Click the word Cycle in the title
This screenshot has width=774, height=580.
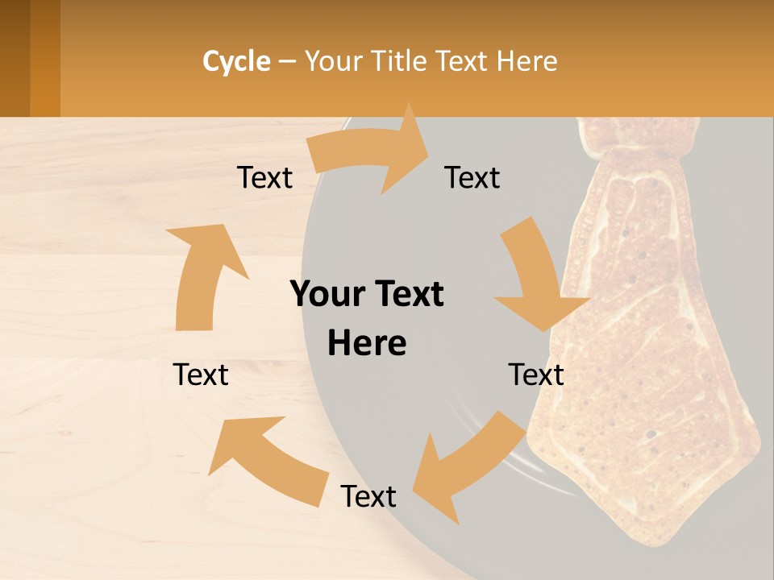click(236, 61)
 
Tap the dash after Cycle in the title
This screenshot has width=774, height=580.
click(287, 61)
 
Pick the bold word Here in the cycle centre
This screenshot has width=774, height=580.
click(367, 343)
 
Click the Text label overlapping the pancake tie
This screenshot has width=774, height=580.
click(536, 375)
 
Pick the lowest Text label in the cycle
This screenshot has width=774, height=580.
click(368, 496)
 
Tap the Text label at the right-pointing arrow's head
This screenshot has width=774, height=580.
click(472, 177)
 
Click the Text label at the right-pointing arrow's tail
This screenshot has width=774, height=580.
click(264, 177)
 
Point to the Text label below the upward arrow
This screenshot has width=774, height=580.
click(201, 375)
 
